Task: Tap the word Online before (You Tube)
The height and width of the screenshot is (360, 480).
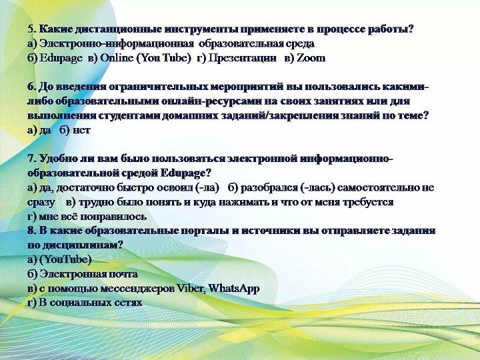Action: point(117,58)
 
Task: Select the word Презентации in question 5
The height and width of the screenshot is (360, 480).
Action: point(242,58)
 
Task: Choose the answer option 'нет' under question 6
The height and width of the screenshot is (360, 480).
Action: point(81,131)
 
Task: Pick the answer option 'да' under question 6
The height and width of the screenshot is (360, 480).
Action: point(45,131)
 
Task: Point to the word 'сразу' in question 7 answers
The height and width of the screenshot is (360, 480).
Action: point(41,203)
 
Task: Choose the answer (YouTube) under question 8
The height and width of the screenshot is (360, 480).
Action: point(65,259)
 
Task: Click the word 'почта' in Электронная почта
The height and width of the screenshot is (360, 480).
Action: point(122,274)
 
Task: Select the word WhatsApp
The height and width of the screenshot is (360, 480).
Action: point(234,289)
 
